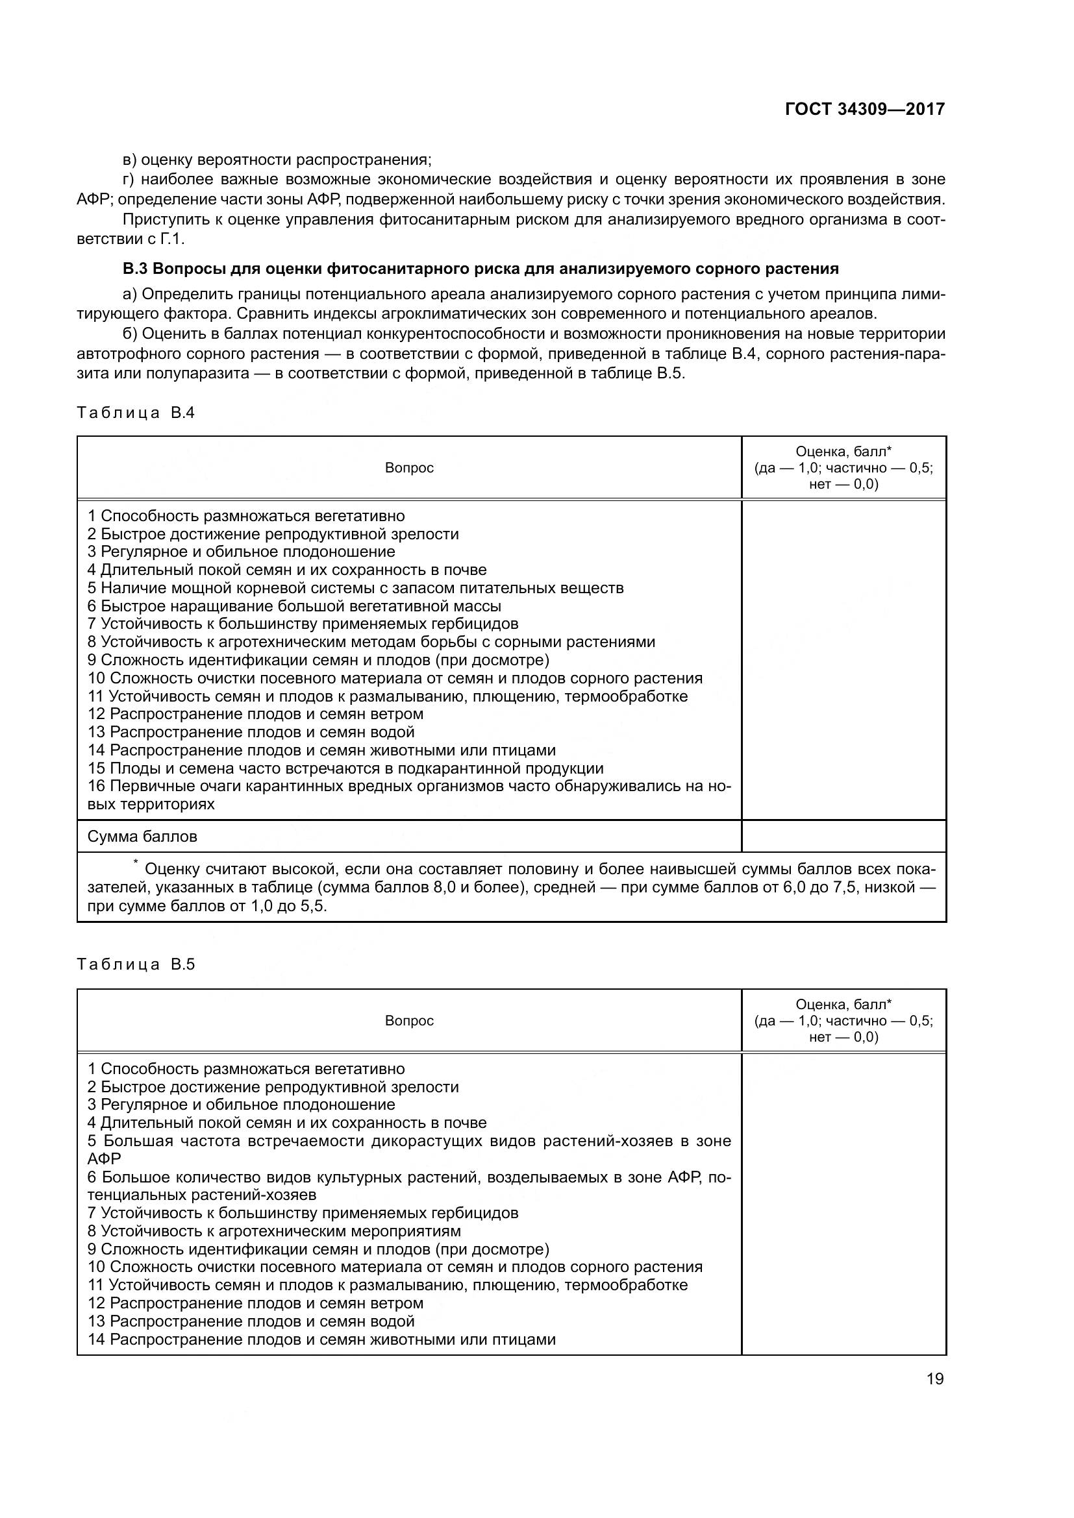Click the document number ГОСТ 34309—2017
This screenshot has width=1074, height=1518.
[x=864, y=109]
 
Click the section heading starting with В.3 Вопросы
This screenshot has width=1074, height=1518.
[x=480, y=269]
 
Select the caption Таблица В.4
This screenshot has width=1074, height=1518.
[x=136, y=413]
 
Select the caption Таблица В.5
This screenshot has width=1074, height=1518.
[x=136, y=964]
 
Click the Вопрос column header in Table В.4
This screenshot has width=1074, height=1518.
[x=408, y=468]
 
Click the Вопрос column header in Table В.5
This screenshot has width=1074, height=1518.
[x=408, y=1020]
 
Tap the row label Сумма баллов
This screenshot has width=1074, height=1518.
[x=142, y=837]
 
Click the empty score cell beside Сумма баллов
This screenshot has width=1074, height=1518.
[x=843, y=837]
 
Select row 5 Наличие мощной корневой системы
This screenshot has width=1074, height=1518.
[x=356, y=588]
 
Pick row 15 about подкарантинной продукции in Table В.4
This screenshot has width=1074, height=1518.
[x=345, y=768]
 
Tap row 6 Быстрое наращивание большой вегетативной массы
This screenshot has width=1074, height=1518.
[x=294, y=606]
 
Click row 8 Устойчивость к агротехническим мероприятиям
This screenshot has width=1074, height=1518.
[x=274, y=1231]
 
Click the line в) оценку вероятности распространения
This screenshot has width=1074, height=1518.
[x=277, y=160]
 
